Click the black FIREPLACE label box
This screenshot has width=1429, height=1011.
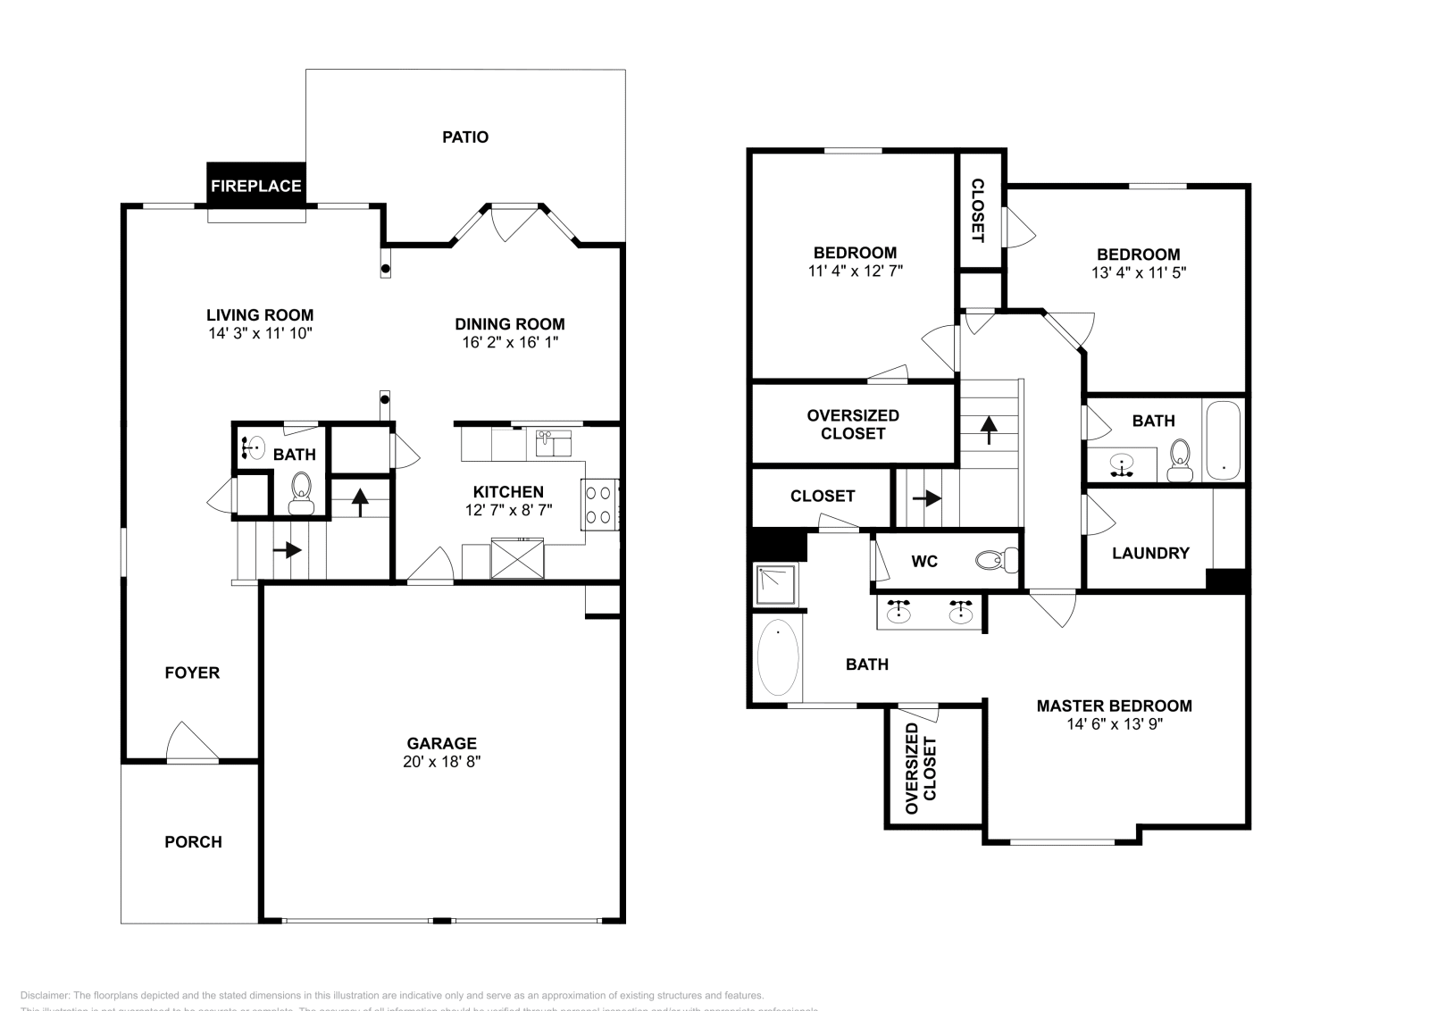[256, 186]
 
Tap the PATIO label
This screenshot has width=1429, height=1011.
[465, 137]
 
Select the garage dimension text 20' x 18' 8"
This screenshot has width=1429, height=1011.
[442, 762]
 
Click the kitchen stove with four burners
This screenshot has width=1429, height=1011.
[599, 504]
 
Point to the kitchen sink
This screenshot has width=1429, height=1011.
[554, 443]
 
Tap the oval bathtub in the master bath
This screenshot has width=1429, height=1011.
[778, 657]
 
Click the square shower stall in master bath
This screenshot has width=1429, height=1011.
[778, 585]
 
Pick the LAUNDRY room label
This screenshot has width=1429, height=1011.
[1150, 553]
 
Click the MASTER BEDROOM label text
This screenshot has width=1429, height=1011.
[1114, 706]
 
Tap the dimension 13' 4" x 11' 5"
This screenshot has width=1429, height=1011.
[1139, 272]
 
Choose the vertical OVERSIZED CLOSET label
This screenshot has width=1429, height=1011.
[921, 768]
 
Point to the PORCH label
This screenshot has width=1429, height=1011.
[193, 841]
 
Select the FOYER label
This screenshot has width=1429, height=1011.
[192, 673]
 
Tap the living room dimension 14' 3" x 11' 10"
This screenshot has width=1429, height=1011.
[259, 333]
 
